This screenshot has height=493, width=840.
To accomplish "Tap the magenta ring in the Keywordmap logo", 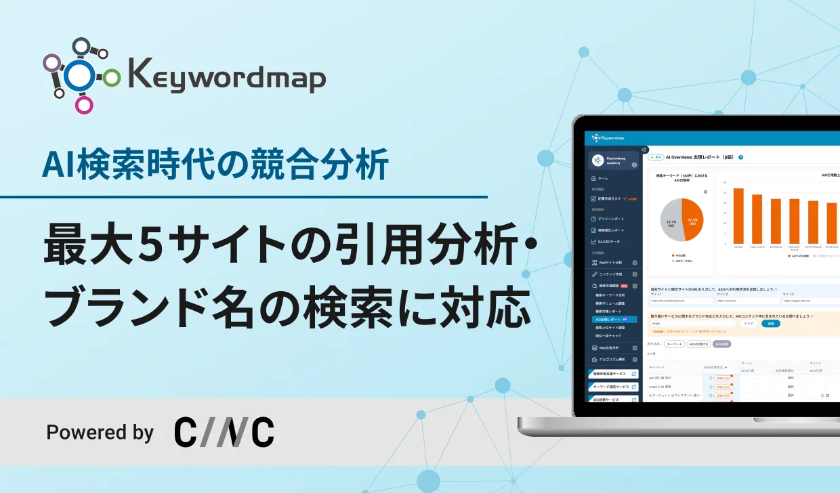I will pos(84,104).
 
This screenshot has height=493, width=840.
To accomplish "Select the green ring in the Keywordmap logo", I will pos(112,78).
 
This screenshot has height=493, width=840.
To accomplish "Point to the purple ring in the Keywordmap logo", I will pos(52,63).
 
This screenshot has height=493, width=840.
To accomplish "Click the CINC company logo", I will pos(224,431).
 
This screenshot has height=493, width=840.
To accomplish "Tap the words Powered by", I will pos(100,432).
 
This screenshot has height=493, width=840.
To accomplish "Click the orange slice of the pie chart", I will pos(693,219).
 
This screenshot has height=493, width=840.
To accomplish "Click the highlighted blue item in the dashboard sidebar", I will pos(614,319).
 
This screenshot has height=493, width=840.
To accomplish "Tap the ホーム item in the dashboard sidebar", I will pos(603,178).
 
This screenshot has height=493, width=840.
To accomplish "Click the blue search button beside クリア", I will pos(771,324).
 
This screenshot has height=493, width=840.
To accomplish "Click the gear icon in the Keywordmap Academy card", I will pos(634,165).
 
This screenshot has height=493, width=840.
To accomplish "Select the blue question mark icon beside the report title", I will pos(741,157).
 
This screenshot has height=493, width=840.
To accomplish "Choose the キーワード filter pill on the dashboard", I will pos(675,344).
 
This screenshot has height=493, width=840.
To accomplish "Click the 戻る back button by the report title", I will pos(656,157).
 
